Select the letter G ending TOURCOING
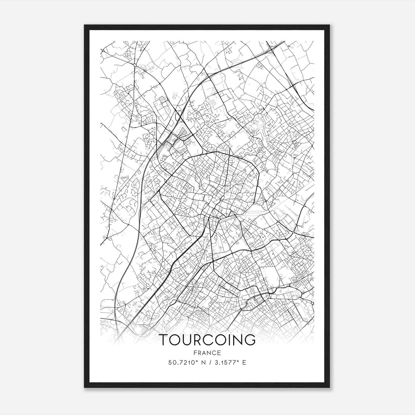250,340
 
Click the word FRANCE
207,353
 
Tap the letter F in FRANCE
195,353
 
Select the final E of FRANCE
219,353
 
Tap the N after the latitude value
200,363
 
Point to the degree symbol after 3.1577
237,361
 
